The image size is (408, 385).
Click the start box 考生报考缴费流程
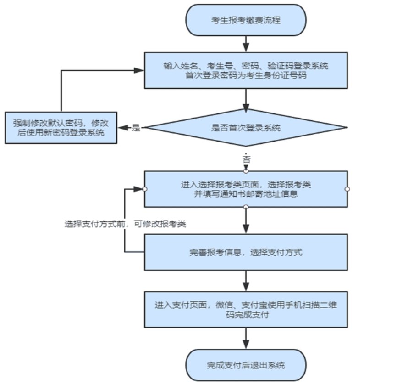click(246, 20)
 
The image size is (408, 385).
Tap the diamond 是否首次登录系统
click(246, 128)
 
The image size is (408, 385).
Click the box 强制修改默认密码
click(61, 128)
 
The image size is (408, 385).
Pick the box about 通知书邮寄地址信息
click(246, 189)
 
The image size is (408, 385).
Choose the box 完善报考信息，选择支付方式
click(246, 252)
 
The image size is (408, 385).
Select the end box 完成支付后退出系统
click(246, 366)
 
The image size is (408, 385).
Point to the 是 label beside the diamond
click(136, 128)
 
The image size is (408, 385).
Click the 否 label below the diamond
click(246, 159)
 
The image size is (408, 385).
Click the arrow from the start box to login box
click(246, 44)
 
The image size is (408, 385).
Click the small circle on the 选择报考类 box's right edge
click(347, 189)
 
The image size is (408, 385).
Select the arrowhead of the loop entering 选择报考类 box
click(140, 189)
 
